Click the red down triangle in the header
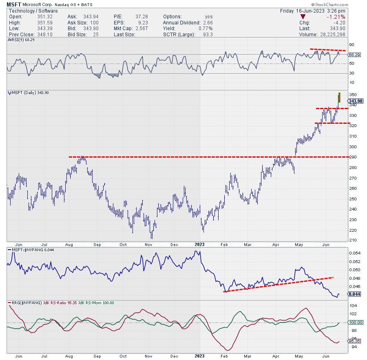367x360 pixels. point(302,17)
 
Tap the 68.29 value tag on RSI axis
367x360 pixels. point(353,54)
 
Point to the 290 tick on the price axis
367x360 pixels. point(352,157)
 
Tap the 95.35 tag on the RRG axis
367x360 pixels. point(353,341)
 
